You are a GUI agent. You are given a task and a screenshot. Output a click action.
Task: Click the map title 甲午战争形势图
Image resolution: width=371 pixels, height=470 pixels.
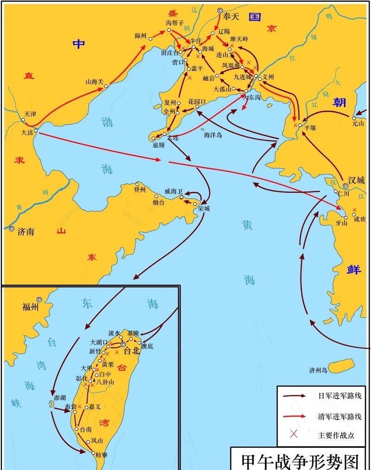point(301,461)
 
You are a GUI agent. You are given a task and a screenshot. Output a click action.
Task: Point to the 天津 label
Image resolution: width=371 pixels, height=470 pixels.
point(30,114)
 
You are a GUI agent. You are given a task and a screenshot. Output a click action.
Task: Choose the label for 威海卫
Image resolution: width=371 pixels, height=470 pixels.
point(174,191)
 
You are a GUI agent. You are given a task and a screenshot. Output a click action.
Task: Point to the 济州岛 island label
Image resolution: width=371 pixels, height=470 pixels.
point(319,370)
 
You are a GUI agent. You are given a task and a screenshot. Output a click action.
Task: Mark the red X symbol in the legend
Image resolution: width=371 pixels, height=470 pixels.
point(294,434)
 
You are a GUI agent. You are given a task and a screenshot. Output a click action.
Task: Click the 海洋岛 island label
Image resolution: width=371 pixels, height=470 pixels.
point(213,135)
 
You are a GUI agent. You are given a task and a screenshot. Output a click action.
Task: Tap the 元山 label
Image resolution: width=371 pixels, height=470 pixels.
point(358,124)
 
